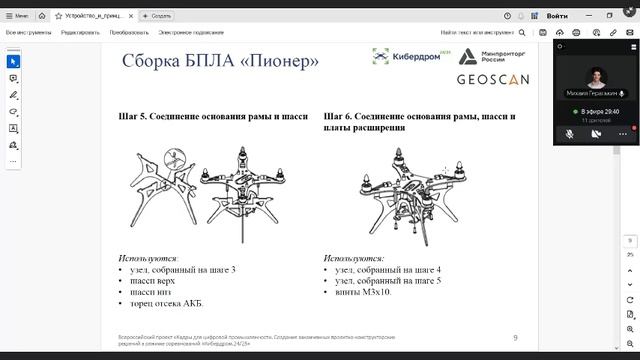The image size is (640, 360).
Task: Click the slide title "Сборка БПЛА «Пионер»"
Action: [x=220, y=61]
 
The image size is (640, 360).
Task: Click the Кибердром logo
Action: [x=406, y=57]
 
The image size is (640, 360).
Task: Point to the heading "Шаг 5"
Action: [x=212, y=117]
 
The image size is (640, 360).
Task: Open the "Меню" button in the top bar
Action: [x=18, y=16]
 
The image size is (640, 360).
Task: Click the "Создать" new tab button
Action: [x=158, y=16]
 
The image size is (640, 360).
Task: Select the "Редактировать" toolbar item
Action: [x=80, y=32]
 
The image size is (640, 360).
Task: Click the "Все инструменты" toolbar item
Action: [x=29, y=32]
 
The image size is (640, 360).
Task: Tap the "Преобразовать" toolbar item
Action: [x=130, y=32]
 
